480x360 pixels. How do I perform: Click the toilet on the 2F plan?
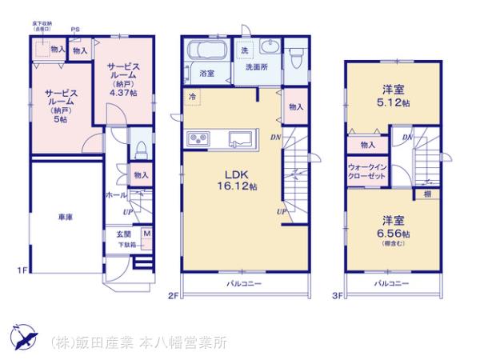[x=295, y=57]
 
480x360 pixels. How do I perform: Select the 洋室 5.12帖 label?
[x=394, y=97]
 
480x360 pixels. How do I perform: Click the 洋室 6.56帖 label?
[x=394, y=227]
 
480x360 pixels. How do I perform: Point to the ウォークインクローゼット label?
[x=367, y=173]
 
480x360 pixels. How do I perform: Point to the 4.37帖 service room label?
[x=122, y=80]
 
